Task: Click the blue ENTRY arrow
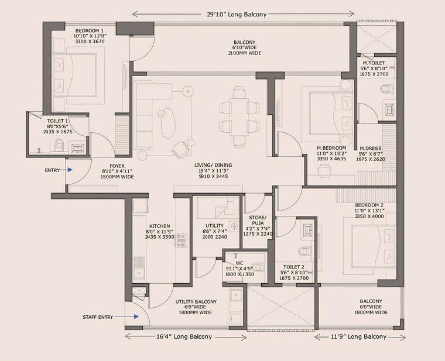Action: pyautogui.click(x=69, y=170)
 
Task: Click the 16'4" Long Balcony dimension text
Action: pyautogui.click(x=185, y=337)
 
